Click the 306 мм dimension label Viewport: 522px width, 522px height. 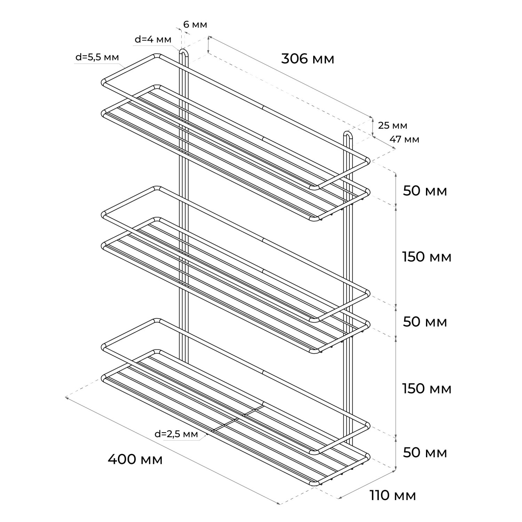tap(308, 59)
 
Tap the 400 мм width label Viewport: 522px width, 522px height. tap(135, 459)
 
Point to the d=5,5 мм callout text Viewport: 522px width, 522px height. tap(97, 57)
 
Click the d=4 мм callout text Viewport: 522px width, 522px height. tap(153, 39)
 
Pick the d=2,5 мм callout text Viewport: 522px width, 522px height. tap(176, 434)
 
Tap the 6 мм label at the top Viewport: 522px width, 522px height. tap(195, 25)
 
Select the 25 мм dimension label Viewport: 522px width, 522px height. tap(393, 125)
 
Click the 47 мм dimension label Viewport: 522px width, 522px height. tap(404, 140)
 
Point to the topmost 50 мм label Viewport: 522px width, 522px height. tap(425, 191)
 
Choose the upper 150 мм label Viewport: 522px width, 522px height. tap(427, 257)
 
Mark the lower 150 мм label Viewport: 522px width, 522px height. tap(427, 388)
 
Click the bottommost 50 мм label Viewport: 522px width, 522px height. tap(425, 453)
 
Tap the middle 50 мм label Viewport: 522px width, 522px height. tap(425, 322)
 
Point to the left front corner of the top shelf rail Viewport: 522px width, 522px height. tap(104, 83)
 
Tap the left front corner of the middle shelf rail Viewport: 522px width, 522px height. tap(104, 215)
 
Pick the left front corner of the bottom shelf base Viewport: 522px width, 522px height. tap(104, 378)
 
